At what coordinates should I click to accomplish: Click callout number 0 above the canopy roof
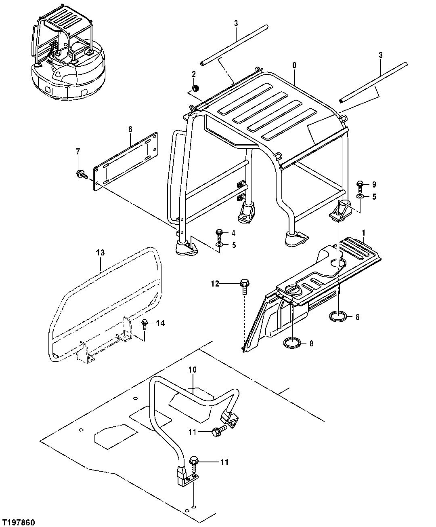coord(294,65)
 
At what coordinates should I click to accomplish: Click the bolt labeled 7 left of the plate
coord(80,175)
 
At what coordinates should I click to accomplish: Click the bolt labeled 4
coord(219,233)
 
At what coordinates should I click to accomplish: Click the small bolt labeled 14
coord(145,323)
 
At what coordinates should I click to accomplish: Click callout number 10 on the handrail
coord(192,369)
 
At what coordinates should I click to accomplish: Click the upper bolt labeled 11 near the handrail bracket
coord(217,432)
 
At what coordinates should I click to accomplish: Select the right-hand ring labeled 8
coord(338,316)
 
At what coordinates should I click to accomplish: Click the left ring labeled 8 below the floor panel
coord(292,344)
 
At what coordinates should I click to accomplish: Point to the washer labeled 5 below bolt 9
coord(360,197)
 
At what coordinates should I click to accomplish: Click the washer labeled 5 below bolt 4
coord(219,245)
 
